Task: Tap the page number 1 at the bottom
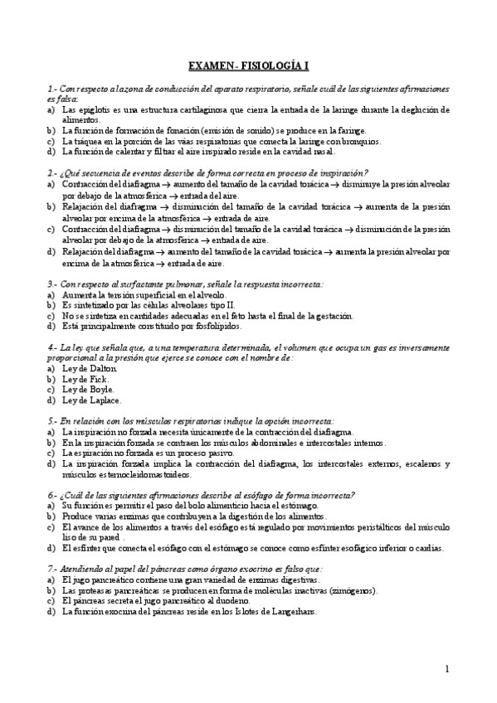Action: click(446, 669)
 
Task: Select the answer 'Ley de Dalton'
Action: click(84, 367)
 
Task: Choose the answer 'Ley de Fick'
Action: click(80, 378)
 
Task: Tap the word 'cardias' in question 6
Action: click(429, 547)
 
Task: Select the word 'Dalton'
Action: click(91, 367)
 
